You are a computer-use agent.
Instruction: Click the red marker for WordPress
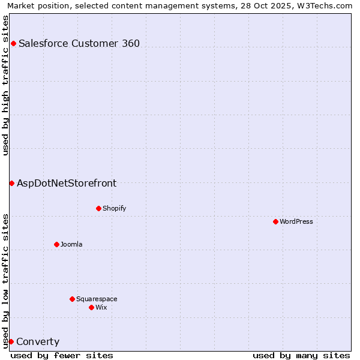275,221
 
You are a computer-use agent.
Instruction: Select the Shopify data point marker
98,208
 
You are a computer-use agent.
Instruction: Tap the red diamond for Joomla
56,244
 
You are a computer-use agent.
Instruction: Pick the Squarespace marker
72,299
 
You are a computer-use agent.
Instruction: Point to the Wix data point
91,307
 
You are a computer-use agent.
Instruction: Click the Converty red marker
11,341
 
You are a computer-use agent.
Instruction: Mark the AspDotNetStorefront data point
11,183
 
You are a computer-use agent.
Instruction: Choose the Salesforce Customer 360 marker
13,43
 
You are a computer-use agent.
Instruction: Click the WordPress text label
296,221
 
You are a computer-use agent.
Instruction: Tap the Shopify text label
115,208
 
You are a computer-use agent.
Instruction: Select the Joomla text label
71,244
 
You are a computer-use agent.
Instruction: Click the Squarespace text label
97,299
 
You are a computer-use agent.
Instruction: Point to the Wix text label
101,307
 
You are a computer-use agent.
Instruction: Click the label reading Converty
38,342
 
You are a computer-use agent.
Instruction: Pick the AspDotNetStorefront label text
67,184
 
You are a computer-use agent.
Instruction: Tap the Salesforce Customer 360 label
79,43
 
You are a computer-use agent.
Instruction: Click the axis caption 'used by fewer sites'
62,355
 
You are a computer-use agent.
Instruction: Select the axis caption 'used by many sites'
301,355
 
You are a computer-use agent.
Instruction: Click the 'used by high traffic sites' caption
6,85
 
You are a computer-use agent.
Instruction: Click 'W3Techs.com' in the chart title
324,5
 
